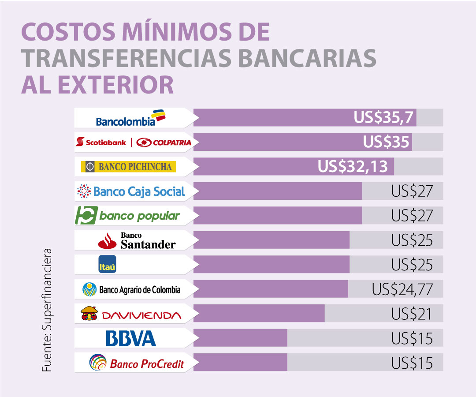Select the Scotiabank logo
click(x=101, y=142)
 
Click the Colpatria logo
click(x=164, y=142)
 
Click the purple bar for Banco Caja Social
click(x=278, y=191)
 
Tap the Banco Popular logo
click(x=128, y=216)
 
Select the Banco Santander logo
click(x=137, y=240)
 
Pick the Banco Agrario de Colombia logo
click(x=131, y=290)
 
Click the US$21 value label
click(x=412, y=314)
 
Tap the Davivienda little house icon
click(x=89, y=314)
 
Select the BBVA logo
click(x=131, y=339)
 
